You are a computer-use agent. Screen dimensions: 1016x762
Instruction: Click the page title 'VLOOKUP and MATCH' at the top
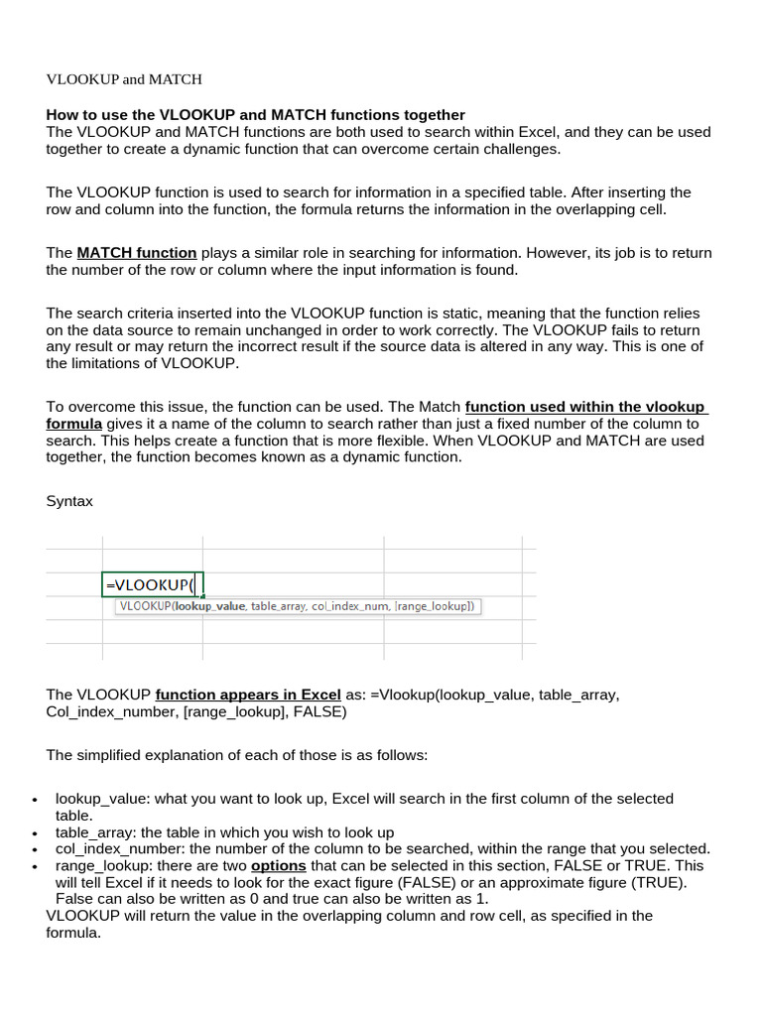coord(124,78)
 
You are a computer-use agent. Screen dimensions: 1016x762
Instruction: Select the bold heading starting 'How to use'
coord(255,115)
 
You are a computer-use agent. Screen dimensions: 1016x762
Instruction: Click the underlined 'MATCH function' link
coord(136,252)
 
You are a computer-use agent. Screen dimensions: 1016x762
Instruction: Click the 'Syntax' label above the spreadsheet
coord(69,501)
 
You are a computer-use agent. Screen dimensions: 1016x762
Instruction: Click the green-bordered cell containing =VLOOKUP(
coord(152,584)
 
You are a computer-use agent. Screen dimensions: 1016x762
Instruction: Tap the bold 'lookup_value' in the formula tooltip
coord(209,606)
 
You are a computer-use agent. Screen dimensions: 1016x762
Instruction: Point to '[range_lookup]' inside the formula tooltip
coord(434,606)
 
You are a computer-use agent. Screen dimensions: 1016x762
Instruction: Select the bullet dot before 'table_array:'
coord(35,834)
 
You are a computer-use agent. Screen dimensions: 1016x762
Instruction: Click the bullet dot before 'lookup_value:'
coord(35,801)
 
